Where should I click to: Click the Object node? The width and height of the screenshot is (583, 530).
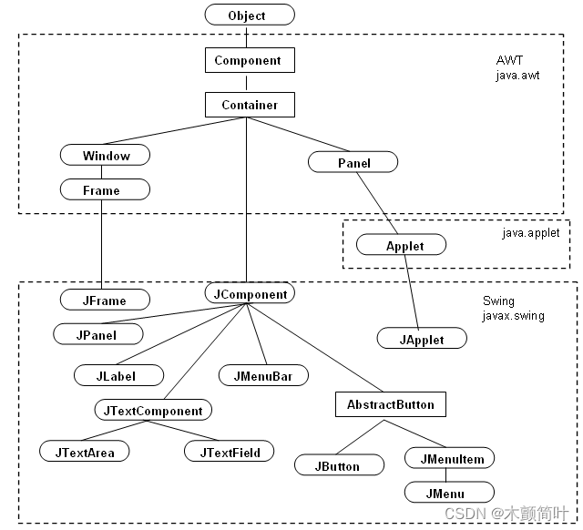(x=249, y=15)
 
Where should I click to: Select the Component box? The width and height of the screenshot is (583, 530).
(x=249, y=61)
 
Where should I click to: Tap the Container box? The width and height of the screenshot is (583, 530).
(x=249, y=105)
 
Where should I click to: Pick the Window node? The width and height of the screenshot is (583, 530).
(x=106, y=156)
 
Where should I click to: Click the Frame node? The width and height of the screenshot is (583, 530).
(x=102, y=190)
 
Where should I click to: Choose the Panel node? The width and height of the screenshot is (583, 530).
(x=353, y=163)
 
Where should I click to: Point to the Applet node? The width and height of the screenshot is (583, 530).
(x=404, y=246)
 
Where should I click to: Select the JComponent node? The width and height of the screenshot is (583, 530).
(x=250, y=294)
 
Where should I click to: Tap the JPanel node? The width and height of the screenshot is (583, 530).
(x=97, y=334)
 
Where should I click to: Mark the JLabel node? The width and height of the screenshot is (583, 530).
(x=118, y=374)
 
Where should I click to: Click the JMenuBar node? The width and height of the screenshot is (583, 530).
(x=264, y=374)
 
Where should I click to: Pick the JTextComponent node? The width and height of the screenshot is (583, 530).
(x=153, y=411)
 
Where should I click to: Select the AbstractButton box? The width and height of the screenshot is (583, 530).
(x=391, y=403)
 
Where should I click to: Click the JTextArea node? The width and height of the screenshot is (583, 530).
(x=85, y=452)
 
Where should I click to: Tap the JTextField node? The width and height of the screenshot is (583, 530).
(x=229, y=452)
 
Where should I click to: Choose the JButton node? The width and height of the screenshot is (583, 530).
(x=337, y=465)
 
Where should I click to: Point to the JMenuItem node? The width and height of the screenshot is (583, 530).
(x=451, y=459)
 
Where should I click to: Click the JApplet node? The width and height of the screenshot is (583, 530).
(x=422, y=340)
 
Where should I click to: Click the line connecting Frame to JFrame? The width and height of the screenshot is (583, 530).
(x=102, y=246)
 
